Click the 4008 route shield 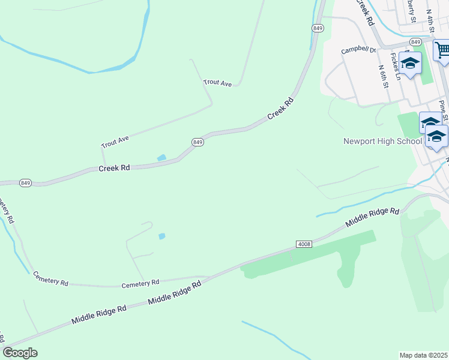click(x=304, y=244)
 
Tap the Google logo click(x=20, y=353)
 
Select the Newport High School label click(x=382, y=142)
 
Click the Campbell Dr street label click(x=358, y=51)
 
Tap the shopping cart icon click(x=442, y=50)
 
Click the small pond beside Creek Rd click(x=161, y=158)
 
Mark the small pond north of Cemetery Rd click(x=161, y=236)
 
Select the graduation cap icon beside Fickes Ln click(x=411, y=62)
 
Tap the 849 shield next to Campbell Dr click(x=415, y=41)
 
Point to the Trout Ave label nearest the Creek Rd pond click(x=115, y=142)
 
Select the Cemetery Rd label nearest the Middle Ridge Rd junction click(x=140, y=282)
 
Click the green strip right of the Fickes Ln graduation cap click(x=427, y=71)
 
